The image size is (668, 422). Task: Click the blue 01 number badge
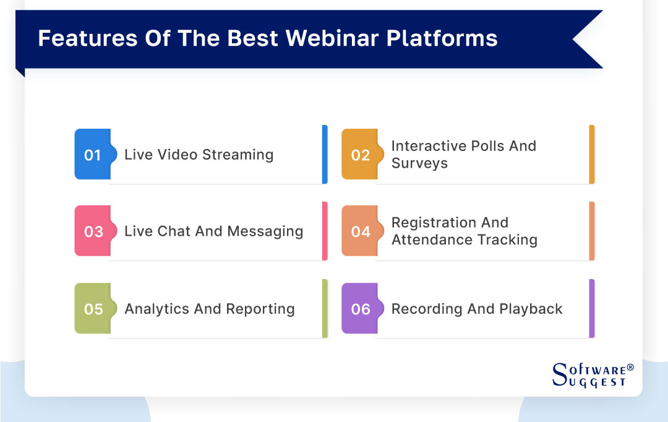(92, 155)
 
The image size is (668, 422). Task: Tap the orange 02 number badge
(359, 155)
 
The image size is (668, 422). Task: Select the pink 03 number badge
(93, 231)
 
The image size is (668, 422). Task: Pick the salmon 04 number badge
(360, 231)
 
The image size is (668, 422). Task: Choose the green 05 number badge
(93, 309)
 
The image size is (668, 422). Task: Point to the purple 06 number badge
(360, 309)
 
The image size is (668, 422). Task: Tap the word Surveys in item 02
(419, 163)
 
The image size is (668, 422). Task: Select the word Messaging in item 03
(265, 231)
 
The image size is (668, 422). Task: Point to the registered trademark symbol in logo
(630, 368)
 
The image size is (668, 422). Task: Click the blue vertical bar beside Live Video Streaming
(325, 155)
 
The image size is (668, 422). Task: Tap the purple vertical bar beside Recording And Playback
(592, 309)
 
